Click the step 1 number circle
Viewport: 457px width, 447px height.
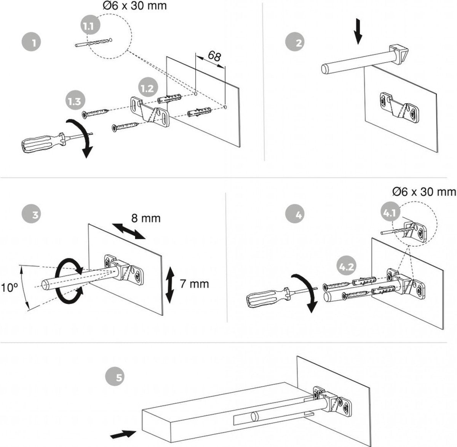[34, 42]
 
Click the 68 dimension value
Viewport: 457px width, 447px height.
[214, 56]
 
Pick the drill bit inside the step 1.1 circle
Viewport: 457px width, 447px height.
[93, 42]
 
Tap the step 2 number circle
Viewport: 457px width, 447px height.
[298, 42]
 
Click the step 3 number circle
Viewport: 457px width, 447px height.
[34, 214]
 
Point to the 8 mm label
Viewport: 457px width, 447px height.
[146, 218]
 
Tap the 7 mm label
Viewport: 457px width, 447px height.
[194, 284]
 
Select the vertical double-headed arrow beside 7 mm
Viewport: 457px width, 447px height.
[170, 284]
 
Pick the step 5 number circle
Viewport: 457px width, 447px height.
[119, 378]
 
